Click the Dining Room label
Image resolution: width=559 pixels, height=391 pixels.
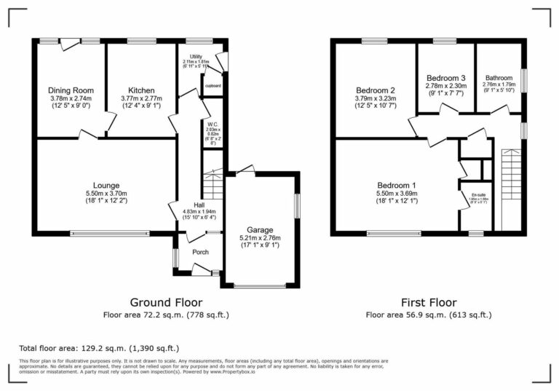[71, 90]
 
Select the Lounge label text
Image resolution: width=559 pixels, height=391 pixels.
[106, 185]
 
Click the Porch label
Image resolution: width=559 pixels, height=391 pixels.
[200, 252]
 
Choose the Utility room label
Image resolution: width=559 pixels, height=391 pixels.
[197, 56]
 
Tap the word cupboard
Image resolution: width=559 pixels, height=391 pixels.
[213, 85]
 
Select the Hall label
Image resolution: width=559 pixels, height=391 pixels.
[199, 205]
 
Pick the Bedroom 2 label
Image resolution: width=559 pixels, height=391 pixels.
[376, 90]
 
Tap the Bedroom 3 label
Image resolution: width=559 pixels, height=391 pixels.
[445, 77]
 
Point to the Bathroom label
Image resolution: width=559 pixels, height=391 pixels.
[499, 78]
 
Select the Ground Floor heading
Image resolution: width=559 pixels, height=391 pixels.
[166, 302]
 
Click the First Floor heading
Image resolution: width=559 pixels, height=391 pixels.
[429, 302]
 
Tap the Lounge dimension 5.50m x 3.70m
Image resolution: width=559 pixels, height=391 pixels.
[106, 193]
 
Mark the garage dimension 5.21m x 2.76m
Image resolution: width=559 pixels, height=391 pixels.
[260, 237]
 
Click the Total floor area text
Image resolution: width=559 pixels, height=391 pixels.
[98, 349]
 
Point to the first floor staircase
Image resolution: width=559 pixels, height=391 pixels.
[512, 189]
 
